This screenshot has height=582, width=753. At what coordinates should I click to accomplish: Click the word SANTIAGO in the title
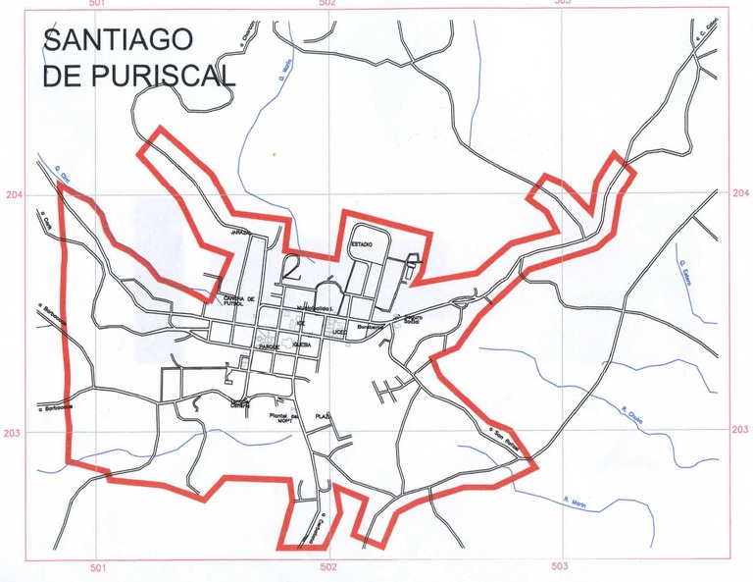coord(118,40)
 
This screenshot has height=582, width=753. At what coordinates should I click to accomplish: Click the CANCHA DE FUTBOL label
coord(239,302)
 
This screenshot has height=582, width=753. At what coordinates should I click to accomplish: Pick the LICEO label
coord(340,333)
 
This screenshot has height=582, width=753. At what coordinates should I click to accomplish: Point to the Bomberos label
coord(368,326)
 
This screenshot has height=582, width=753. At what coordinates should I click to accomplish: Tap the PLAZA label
coord(321,417)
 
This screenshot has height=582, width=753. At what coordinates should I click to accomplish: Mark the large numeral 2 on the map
coord(291,266)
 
